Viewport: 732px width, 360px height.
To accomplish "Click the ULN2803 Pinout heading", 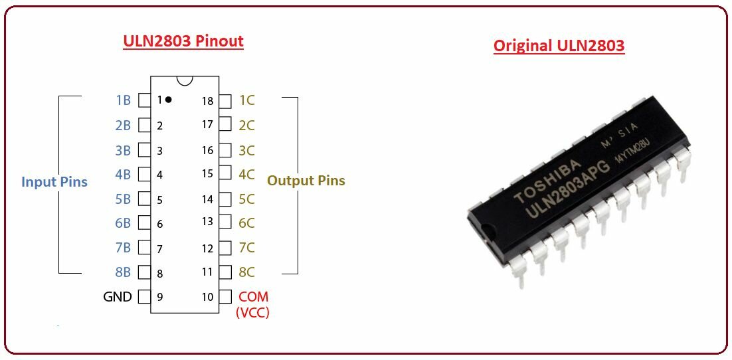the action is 183,42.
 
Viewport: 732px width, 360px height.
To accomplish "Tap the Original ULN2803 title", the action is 559,46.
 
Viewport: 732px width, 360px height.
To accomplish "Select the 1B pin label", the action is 124,100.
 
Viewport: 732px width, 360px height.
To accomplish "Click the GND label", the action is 118,296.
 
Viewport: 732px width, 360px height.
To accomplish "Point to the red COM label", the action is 254,296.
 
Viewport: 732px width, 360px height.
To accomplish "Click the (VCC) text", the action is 253,312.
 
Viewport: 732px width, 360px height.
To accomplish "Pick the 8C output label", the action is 246,272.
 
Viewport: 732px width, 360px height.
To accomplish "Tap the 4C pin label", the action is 246,174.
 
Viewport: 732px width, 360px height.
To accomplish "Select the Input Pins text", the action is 54,181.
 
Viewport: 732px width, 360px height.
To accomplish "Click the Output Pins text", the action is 306,181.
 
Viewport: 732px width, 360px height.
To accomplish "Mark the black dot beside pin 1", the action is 168,100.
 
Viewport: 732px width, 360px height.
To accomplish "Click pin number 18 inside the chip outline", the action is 207,101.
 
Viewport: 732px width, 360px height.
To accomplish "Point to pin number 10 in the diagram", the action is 207,297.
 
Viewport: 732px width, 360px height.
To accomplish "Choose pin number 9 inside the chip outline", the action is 159,297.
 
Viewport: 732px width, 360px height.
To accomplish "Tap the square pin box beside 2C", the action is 225,125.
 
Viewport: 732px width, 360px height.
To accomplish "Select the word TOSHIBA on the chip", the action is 547,181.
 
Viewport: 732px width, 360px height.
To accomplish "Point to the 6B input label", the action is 124,223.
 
